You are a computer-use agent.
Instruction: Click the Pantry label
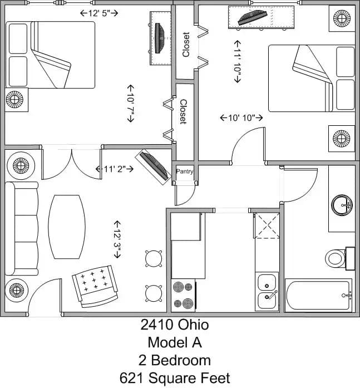point(185,171)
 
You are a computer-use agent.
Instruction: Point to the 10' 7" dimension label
point(131,104)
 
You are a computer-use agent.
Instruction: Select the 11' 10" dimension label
point(238,61)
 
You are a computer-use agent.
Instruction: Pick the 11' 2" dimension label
point(114,169)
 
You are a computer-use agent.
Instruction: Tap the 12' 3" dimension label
point(117,238)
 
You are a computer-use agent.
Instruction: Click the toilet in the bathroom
point(335,258)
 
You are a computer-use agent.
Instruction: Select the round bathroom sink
point(342,205)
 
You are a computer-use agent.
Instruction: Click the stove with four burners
point(184,296)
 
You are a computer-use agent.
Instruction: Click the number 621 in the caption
point(134,379)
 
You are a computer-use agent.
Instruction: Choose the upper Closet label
point(186,45)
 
